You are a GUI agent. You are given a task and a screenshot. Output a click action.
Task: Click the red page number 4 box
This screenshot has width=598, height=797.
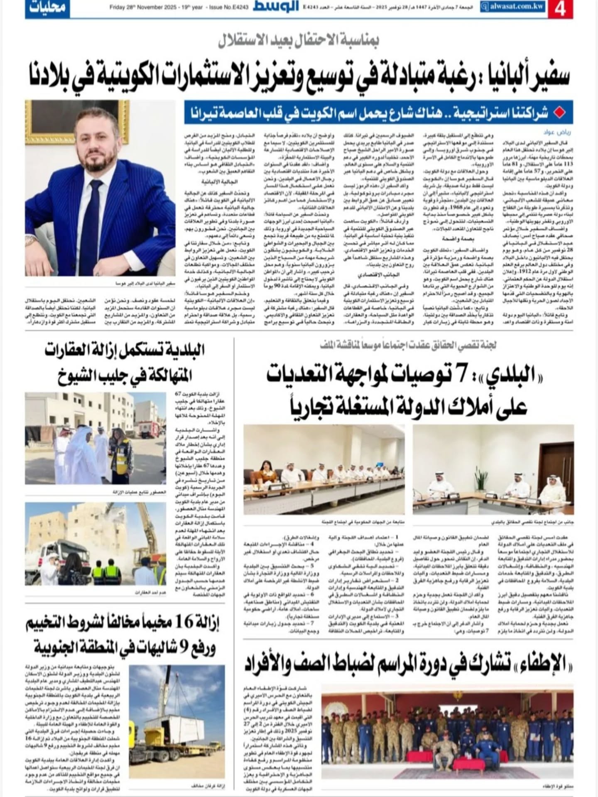click(560, 9)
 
